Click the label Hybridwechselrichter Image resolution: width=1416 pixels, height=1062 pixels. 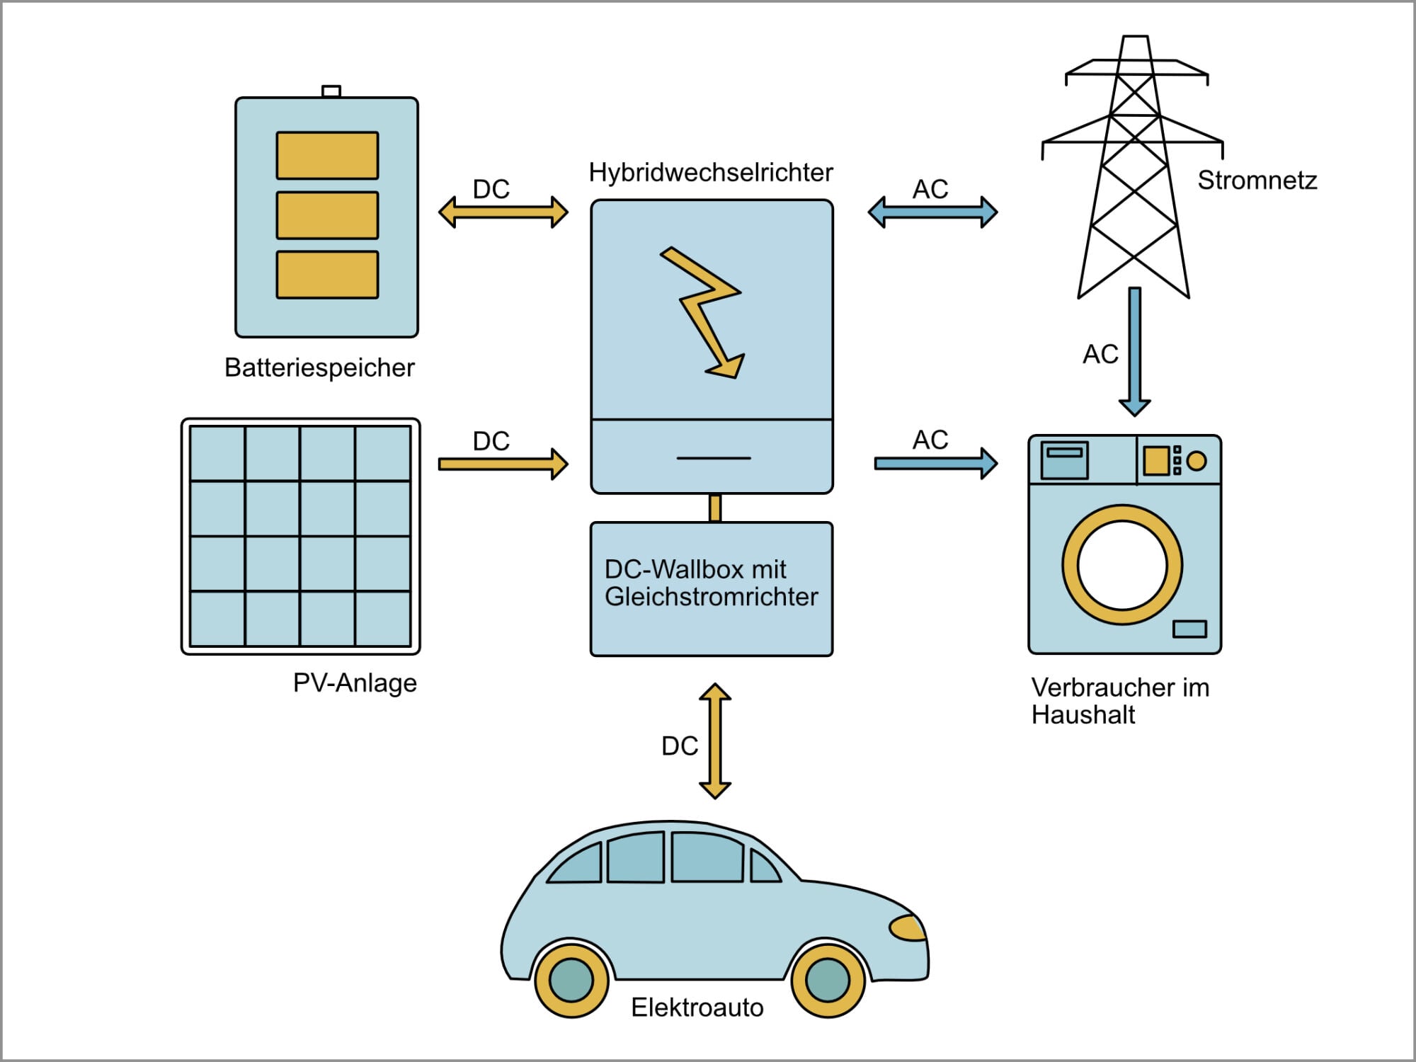tap(711, 173)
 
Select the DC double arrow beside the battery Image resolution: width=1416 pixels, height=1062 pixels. tap(503, 212)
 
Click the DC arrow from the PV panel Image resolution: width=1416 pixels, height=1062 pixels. tap(503, 464)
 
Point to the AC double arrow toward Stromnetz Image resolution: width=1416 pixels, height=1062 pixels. tap(932, 212)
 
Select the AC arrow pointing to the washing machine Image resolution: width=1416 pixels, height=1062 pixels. tap(935, 464)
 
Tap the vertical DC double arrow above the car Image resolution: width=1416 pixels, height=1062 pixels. tap(715, 741)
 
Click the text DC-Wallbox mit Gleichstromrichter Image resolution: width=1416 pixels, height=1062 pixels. tap(711, 583)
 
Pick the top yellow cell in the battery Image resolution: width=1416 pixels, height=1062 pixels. tap(327, 155)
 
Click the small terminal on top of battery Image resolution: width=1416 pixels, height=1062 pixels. tap(331, 91)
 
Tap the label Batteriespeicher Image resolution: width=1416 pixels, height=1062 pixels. tap(319, 367)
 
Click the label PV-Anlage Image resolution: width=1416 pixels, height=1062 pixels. tap(355, 683)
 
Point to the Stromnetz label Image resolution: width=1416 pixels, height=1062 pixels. tap(1257, 181)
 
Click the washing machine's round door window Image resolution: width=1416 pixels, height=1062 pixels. tap(1121, 565)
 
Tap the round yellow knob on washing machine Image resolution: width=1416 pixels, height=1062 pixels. tap(1196, 461)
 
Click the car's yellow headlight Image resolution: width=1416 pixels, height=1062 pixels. tap(908, 927)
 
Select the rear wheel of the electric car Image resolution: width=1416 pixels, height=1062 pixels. tap(571, 980)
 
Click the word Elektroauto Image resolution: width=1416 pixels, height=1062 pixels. tap(697, 1007)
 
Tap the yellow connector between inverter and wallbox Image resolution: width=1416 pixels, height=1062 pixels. tap(715, 508)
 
